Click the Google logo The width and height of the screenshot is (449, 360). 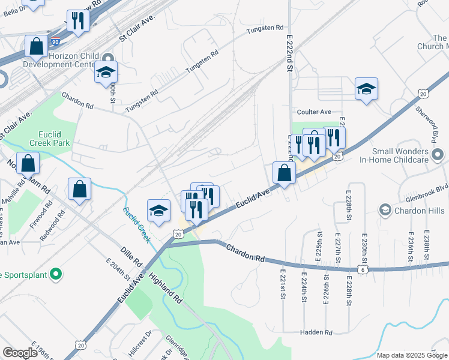click(x=20, y=353)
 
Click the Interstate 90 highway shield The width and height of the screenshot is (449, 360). click(x=55, y=42)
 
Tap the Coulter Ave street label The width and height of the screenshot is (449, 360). click(x=314, y=112)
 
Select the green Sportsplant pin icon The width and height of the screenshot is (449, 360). click(x=56, y=275)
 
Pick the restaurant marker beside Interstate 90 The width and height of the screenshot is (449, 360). click(x=78, y=21)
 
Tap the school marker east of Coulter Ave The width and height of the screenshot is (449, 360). click(x=366, y=89)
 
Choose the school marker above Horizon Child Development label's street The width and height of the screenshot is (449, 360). click(x=106, y=72)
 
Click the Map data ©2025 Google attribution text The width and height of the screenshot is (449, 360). click(x=412, y=355)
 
